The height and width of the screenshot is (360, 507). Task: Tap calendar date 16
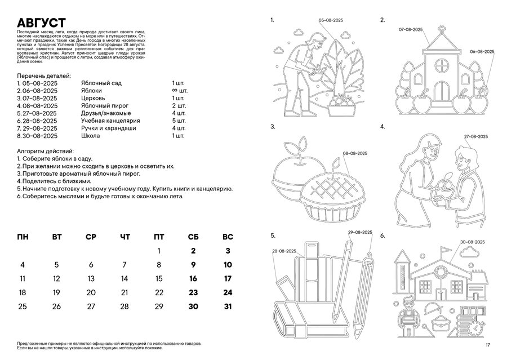pos(193,278)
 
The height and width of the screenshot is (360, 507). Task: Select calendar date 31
pos(228,306)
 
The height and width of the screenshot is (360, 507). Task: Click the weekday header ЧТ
pos(124,237)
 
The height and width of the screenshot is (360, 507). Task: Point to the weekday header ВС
pos(228,237)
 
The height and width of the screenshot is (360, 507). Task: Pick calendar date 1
pos(159,251)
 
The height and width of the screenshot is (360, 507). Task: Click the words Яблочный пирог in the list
pos(105,105)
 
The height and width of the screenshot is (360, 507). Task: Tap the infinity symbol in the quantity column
pos(175,90)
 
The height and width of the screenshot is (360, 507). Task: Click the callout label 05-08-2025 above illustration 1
pos(331,20)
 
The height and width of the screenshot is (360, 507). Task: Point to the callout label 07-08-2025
pos(411,28)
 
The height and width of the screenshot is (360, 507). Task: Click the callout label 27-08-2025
pos(476,137)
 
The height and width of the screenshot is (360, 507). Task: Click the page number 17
pos(488,345)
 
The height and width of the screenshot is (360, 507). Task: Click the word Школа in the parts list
pos(91,136)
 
